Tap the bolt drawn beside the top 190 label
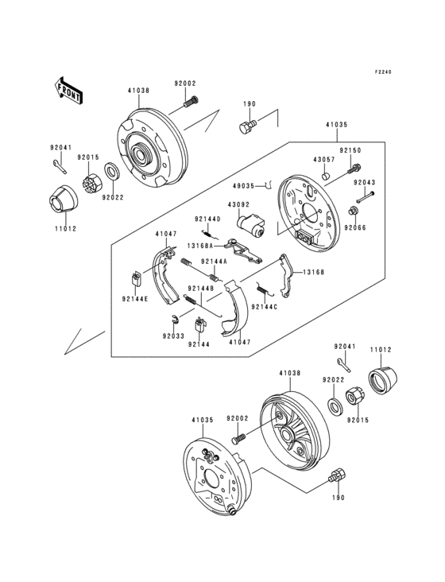(248, 126)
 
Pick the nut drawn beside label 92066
(350, 211)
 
